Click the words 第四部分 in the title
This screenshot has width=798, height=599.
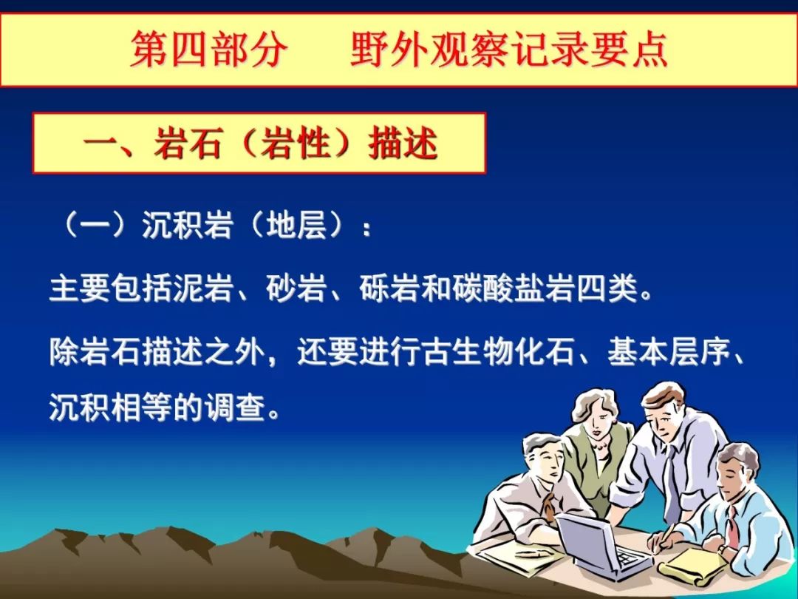[208, 49]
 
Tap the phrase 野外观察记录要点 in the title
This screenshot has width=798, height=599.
[509, 49]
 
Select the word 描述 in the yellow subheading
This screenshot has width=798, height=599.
[403, 143]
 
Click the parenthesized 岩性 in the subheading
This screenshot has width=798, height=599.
[295, 143]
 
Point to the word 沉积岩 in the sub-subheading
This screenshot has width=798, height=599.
[187, 225]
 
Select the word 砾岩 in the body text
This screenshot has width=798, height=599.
[389, 289]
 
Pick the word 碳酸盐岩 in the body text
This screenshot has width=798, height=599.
[514, 289]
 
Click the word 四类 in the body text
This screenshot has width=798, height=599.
[607, 289]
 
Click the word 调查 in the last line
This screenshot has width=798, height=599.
[236, 407]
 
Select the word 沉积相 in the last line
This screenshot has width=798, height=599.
[95, 407]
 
